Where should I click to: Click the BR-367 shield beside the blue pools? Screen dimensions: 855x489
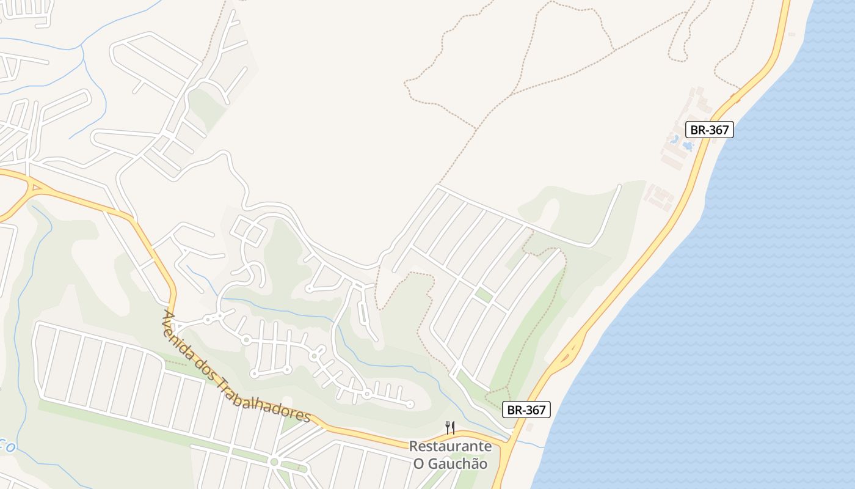pyautogui.click(x=709, y=130)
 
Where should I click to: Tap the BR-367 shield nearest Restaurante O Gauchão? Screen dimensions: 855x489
pyautogui.click(x=526, y=410)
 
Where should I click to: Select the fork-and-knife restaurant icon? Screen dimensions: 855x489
pyautogui.click(x=450, y=428)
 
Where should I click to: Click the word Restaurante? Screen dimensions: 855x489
pyautogui.click(x=450, y=446)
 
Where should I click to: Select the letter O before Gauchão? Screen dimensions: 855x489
pyautogui.click(x=418, y=464)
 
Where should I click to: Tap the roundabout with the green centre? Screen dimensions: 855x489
pyautogui.click(x=274, y=462)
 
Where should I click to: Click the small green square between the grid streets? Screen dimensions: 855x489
pyautogui.click(x=484, y=295)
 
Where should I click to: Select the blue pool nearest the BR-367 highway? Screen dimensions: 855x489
pyautogui.click(x=688, y=146)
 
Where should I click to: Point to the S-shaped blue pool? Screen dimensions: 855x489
pyautogui.click(x=675, y=140)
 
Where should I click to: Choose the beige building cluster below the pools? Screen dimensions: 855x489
pyautogui.click(x=660, y=197)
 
